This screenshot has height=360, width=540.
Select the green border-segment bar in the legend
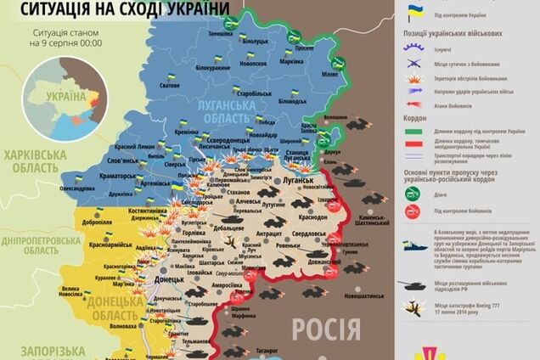pyautogui.click(x=415, y=132)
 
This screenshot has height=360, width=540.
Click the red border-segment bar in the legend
pyautogui.click(x=415, y=144)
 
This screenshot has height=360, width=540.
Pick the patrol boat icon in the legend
pyautogui.click(x=415, y=245)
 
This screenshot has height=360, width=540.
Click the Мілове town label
pyautogui.click(x=339, y=73)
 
